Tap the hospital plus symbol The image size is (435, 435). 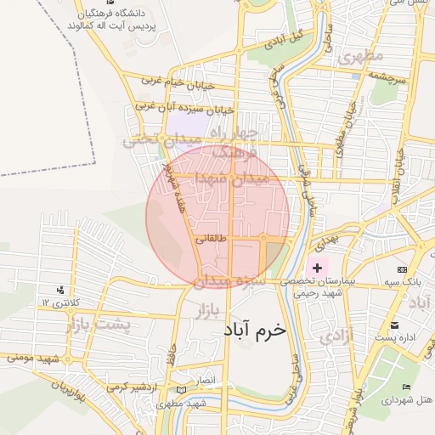tap(318, 268)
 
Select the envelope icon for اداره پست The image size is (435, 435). tap(394, 325)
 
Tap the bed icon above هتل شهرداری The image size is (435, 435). tap(407, 387)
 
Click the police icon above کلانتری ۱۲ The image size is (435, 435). tap(59, 289)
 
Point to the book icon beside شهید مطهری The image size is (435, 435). tap(179, 390)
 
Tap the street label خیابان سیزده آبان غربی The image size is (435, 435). tap(184, 109)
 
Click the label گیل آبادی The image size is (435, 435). tap(285, 40)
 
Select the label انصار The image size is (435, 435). tap(206, 378)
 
